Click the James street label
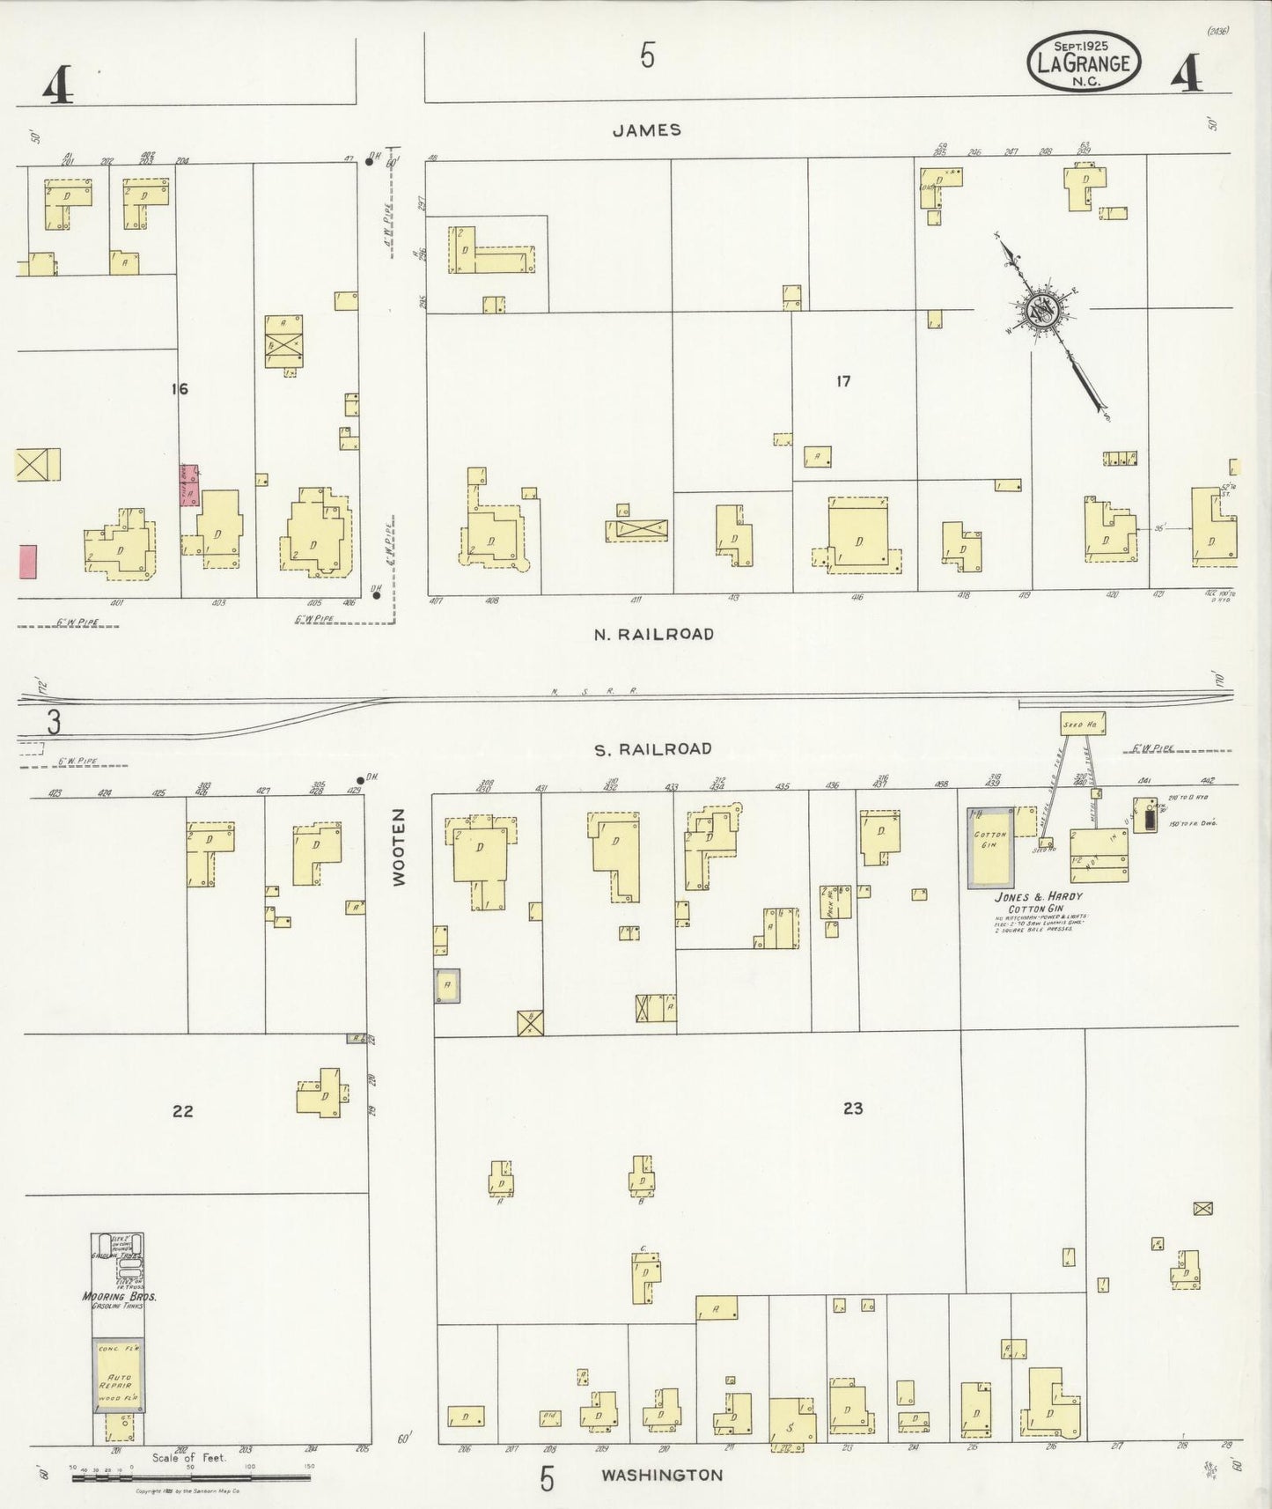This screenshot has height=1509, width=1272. pos(647,130)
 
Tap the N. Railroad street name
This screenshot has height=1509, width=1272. pos(652,634)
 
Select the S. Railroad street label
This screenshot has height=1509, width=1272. pos(652,749)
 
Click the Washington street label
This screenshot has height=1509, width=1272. pos(662,1475)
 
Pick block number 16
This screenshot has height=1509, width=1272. pos(180,388)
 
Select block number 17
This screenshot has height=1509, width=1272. pos(843,381)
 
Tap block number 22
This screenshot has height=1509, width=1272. pos(182,1111)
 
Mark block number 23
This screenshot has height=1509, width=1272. pos(852,1108)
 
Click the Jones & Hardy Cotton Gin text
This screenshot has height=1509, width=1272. pos(1038,902)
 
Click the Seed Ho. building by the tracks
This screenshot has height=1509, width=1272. pos(1082,724)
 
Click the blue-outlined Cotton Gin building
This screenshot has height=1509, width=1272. pos(989,845)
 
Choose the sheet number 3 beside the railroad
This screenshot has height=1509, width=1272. pos(53,723)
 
